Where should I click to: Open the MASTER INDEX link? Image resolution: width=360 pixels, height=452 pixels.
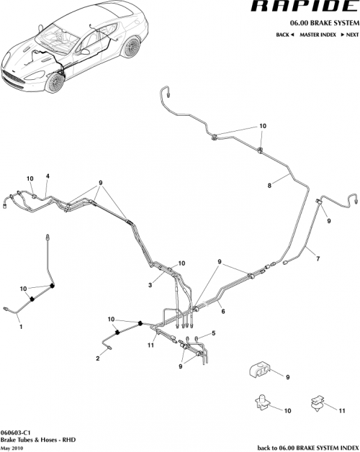319,35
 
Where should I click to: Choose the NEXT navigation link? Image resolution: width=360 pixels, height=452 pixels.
351,35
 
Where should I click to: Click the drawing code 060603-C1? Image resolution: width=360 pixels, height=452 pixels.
14,431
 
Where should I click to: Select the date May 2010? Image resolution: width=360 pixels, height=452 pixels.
13,446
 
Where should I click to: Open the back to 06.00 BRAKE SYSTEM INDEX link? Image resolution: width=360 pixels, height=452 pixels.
305,446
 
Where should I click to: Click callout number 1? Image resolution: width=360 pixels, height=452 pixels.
21,327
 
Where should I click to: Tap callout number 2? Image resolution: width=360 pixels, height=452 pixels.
97,357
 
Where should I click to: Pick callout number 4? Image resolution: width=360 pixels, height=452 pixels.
48,176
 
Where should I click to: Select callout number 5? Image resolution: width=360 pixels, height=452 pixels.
213,333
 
